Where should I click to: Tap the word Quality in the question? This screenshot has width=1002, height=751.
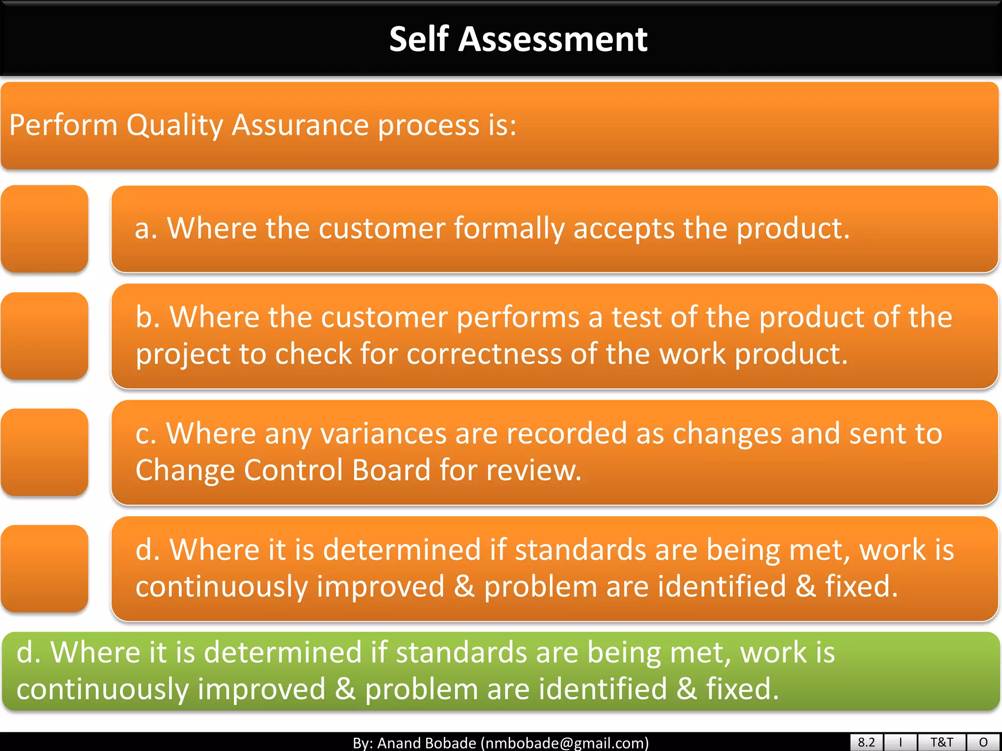[175, 126]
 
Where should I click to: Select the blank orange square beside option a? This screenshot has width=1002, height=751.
[45, 228]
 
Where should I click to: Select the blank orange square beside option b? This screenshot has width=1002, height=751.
[45, 336]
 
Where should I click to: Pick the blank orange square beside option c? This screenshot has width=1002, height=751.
[45, 452]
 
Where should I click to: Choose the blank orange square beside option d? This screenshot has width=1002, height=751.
[45, 569]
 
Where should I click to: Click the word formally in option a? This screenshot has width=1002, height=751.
[509, 229]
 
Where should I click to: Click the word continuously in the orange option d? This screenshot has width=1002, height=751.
[221, 587]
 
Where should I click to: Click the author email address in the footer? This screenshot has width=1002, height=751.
[565, 743]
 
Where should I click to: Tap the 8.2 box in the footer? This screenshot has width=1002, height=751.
[866, 742]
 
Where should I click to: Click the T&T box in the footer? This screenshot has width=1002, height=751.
[941, 742]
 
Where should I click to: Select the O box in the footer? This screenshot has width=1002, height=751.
[983, 742]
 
